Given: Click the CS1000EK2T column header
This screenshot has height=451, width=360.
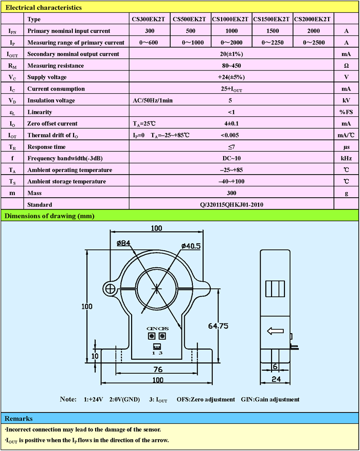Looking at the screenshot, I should click(231, 19).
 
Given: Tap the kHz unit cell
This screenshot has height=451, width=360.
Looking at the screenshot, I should click(346, 158).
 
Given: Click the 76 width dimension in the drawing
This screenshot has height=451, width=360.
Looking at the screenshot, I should click(158, 369).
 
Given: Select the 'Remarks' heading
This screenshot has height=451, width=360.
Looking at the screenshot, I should click(19, 419).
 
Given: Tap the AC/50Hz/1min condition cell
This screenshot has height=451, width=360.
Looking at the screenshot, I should click(153, 100).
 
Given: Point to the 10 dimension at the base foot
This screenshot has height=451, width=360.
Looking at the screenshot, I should click(94, 356).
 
